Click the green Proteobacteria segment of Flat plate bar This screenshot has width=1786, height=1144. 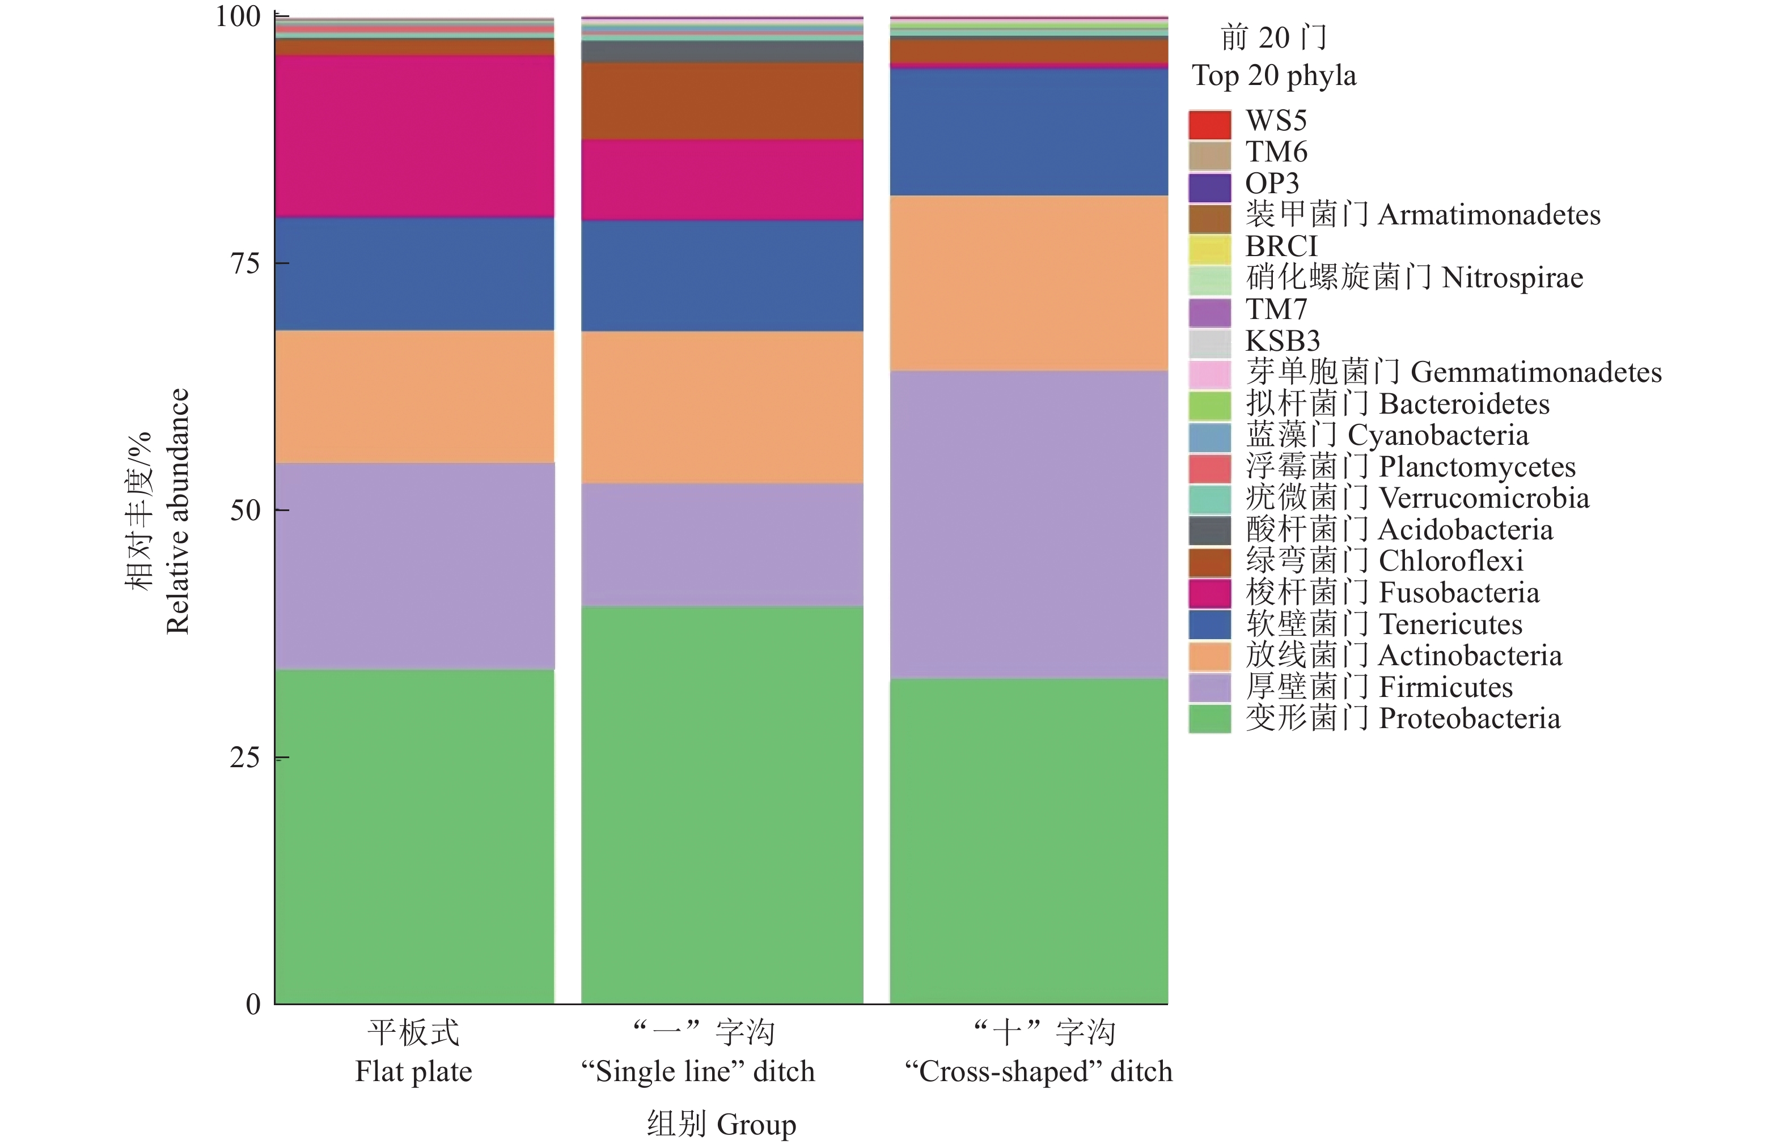[414, 836]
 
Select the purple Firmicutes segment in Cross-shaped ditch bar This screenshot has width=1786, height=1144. [1029, 524]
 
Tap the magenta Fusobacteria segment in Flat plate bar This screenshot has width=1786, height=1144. [414, 136]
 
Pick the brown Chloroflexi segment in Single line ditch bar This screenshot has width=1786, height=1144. [722, 101]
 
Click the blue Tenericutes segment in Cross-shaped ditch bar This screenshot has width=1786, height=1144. [1029, 132]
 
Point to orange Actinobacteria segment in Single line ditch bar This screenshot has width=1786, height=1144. [722, 407]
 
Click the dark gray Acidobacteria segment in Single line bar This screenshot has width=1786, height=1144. [722, 51]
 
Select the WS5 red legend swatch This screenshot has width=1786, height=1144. [1209, 124]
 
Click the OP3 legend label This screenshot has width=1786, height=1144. [1272, 184]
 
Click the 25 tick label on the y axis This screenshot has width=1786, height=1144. [244, 758]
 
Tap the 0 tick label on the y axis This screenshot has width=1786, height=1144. [253, 1005]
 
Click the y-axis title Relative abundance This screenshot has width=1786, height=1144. [177, 511]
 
